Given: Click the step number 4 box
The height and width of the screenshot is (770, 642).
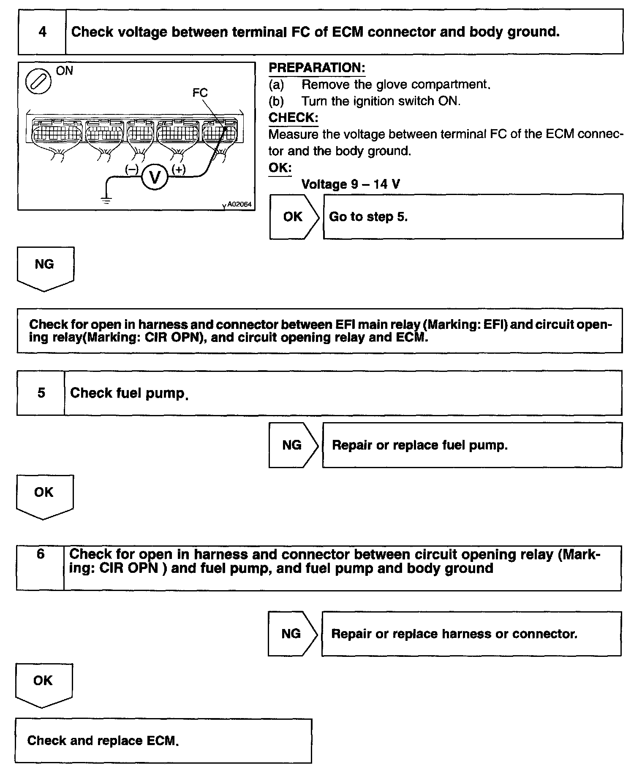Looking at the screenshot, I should (42, 32).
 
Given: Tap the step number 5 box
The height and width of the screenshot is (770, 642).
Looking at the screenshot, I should (41, 393).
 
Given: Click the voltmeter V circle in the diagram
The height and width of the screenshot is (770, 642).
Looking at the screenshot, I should (155, 178).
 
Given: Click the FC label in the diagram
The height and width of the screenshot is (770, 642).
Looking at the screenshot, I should (200, 92).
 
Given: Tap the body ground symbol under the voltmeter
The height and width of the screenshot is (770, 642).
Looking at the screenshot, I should (106, 201).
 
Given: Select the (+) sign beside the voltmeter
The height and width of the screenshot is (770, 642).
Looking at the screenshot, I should (179, 169).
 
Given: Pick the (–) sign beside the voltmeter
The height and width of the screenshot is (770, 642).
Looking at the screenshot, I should (131, 169).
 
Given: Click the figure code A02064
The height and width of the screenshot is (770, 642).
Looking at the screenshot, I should (239, 204).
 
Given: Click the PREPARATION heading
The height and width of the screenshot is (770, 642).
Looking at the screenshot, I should (317, 68).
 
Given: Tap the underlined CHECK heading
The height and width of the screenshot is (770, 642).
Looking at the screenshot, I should (293, 117).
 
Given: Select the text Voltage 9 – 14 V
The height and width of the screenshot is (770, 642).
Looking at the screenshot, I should (351, 184).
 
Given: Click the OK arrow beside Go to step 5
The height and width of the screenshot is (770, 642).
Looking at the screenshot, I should (294, 217).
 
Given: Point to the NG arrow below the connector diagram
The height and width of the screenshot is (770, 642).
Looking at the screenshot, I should (45, 267).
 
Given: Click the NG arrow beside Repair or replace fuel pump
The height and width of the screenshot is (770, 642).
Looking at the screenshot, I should (293, 445).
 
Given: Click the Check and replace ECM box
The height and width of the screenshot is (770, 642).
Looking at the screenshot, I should (163, 740).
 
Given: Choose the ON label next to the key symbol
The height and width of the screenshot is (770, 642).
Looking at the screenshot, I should (65, 71).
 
